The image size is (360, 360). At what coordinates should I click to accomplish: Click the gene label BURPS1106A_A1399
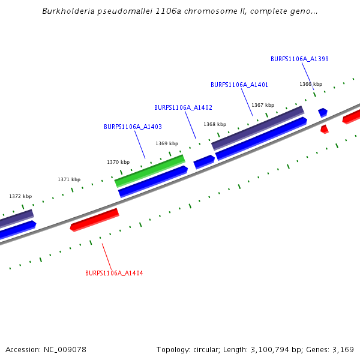point(299,59)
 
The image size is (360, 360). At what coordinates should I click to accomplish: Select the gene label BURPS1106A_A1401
point(239,85)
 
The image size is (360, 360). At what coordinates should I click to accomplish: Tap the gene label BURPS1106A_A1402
point(183,107)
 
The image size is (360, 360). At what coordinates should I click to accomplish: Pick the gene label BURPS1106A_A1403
point(133,127)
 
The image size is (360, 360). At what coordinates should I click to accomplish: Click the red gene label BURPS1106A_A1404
point(114,273)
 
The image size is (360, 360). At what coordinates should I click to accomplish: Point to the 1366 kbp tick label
point(311,84)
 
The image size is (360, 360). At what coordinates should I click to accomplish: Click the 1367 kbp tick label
point(263,105)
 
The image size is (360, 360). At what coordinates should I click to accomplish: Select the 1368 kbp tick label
point(215,124)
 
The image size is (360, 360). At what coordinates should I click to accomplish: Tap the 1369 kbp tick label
point(167,143)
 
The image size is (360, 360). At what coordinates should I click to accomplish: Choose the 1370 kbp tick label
point(118,162)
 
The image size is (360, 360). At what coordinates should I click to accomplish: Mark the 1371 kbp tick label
point(69,179)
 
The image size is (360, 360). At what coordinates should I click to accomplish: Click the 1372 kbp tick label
point(20,196)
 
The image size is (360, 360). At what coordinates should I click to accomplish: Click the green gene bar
point(149,170)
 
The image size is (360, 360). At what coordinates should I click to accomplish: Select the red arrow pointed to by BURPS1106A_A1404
point(94,220)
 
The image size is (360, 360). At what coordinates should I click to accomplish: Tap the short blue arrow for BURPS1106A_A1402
point(204,161)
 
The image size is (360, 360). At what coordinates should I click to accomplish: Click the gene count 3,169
point(342,349)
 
